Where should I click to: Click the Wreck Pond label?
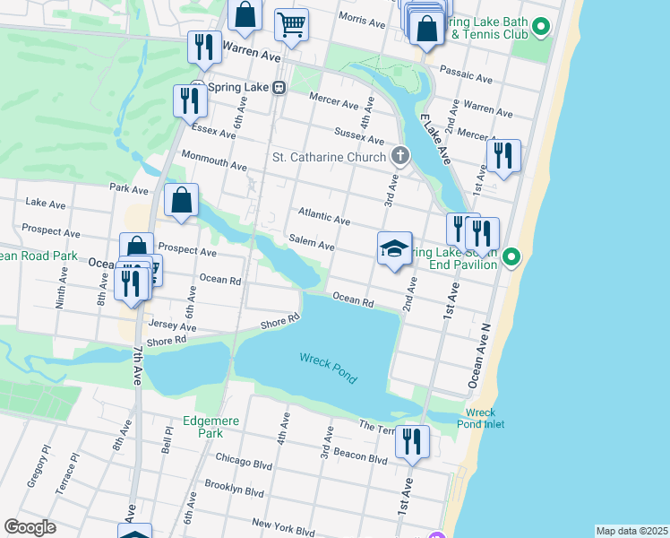pos(328,368)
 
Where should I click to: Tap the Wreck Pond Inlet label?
pos(480,418)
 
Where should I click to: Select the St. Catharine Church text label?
pos(330,158)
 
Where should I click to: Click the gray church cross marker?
pos(399,157)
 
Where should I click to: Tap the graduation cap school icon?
pos(394,249)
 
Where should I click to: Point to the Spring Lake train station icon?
pos(279,88)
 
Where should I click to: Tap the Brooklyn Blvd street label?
pos(235,492)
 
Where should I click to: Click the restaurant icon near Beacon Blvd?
pos(412,442)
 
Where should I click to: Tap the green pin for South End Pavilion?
pos(511,257)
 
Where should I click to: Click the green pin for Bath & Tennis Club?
pos(540,28)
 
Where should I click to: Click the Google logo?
pos(30,526)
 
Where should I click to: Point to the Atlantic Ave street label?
pos(323,218)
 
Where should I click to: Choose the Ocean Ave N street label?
pos(481,351)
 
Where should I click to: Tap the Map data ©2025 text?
pos(631,531)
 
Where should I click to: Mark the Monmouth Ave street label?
pos(214,166)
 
